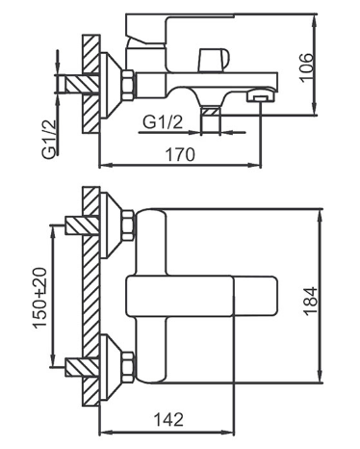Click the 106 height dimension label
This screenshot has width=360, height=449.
307,68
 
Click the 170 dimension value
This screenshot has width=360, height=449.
180,154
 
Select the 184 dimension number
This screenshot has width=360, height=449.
311,302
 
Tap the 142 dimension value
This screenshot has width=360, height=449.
168,419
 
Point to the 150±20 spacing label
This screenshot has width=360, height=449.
39,298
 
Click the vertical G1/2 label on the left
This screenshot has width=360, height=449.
49,139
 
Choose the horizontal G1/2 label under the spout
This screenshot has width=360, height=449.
163,122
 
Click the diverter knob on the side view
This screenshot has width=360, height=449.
214,60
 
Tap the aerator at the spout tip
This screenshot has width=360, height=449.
260,96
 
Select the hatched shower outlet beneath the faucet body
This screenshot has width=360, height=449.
210,111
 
